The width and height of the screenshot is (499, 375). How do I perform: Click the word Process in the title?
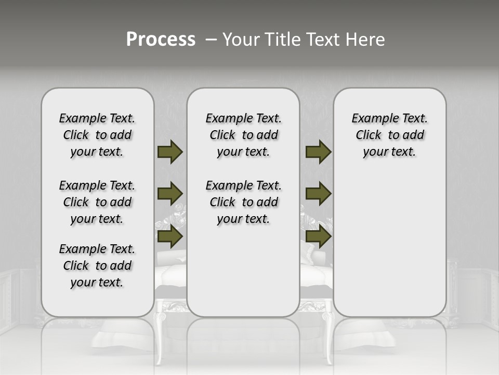click(x=161, y=40)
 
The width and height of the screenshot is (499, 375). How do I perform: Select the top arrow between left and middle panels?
click(x=170, y=152)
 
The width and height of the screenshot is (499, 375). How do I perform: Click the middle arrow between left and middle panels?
click(x=170, y=194)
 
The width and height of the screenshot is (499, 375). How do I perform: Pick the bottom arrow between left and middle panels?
click(x=170, y=236)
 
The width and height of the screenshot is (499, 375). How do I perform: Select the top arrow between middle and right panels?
click(x=318, y=152)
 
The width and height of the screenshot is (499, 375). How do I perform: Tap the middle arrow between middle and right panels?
click(x=318, y=194)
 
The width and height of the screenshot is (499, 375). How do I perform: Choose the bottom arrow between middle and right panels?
click(x=318, y=236)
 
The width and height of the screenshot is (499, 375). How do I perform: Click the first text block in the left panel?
click(x=97, y=135)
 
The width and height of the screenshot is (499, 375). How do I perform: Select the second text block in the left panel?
click(x=97, y=202)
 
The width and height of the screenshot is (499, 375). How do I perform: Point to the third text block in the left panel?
click(x=97, y=266)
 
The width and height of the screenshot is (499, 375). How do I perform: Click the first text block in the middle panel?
click(x=243, y=135)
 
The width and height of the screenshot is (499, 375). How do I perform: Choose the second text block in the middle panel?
click(x=243, y=202)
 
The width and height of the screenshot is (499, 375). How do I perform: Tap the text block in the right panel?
click(x=389, y=135)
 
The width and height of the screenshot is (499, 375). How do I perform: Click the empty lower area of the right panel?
click(x=389, y=250)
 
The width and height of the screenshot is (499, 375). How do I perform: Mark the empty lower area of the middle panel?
click(x=243, y=271)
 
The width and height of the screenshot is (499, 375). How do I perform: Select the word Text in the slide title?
click(x=318, y=40)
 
